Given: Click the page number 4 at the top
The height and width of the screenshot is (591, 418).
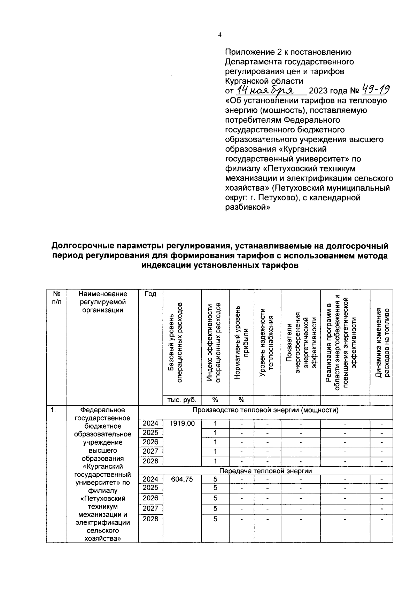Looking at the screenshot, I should pyautogui.click(x=219, y=34).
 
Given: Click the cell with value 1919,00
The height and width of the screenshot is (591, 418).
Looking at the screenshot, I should pyautogui.click(x=182, y=423).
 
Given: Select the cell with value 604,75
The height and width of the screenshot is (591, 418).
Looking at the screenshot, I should pyautogui.click(x=182, y=479).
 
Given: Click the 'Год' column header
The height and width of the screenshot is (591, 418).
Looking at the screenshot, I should pyautogui.click(x=150, y=294).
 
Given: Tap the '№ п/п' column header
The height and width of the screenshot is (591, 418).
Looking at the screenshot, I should pyautogui.click(x=56, y=298).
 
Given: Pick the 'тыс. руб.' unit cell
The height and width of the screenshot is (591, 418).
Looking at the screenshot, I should pyautogui.click(x=182, y=400).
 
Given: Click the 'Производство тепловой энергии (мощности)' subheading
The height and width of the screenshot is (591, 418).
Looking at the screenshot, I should pyautogui.click(x=265, y=410).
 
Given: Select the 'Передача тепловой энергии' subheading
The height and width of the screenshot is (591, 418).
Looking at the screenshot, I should pyautogui.click(x=265, y=471).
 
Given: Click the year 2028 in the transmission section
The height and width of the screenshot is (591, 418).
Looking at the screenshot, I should pyautogui.click(x=150, y=519).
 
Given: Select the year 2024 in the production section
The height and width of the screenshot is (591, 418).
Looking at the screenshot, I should pyautogui.click(x=150, y=423).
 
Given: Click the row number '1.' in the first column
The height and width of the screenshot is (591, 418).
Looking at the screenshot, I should pyautogui.click(x=53, y=410).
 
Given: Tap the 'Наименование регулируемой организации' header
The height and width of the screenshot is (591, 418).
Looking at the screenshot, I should pyautogui.click(x=103, y=302).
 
